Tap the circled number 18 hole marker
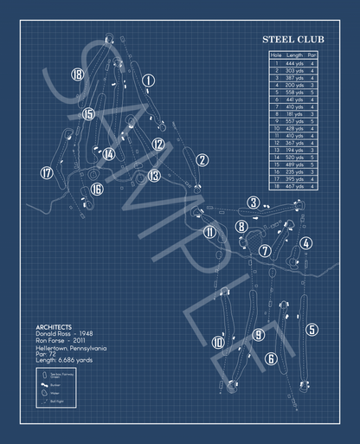point(78,74)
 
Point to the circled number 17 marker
point(46,172)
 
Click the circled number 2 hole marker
point(202,159)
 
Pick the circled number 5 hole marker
point(312,329)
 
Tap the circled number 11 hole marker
point(209,231)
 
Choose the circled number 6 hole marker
point(271,358)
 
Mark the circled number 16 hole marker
point(97,189)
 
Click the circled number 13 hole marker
point(154,176)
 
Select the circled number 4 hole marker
point(305,243)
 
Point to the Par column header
point(312,56)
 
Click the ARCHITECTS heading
point(54,316)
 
